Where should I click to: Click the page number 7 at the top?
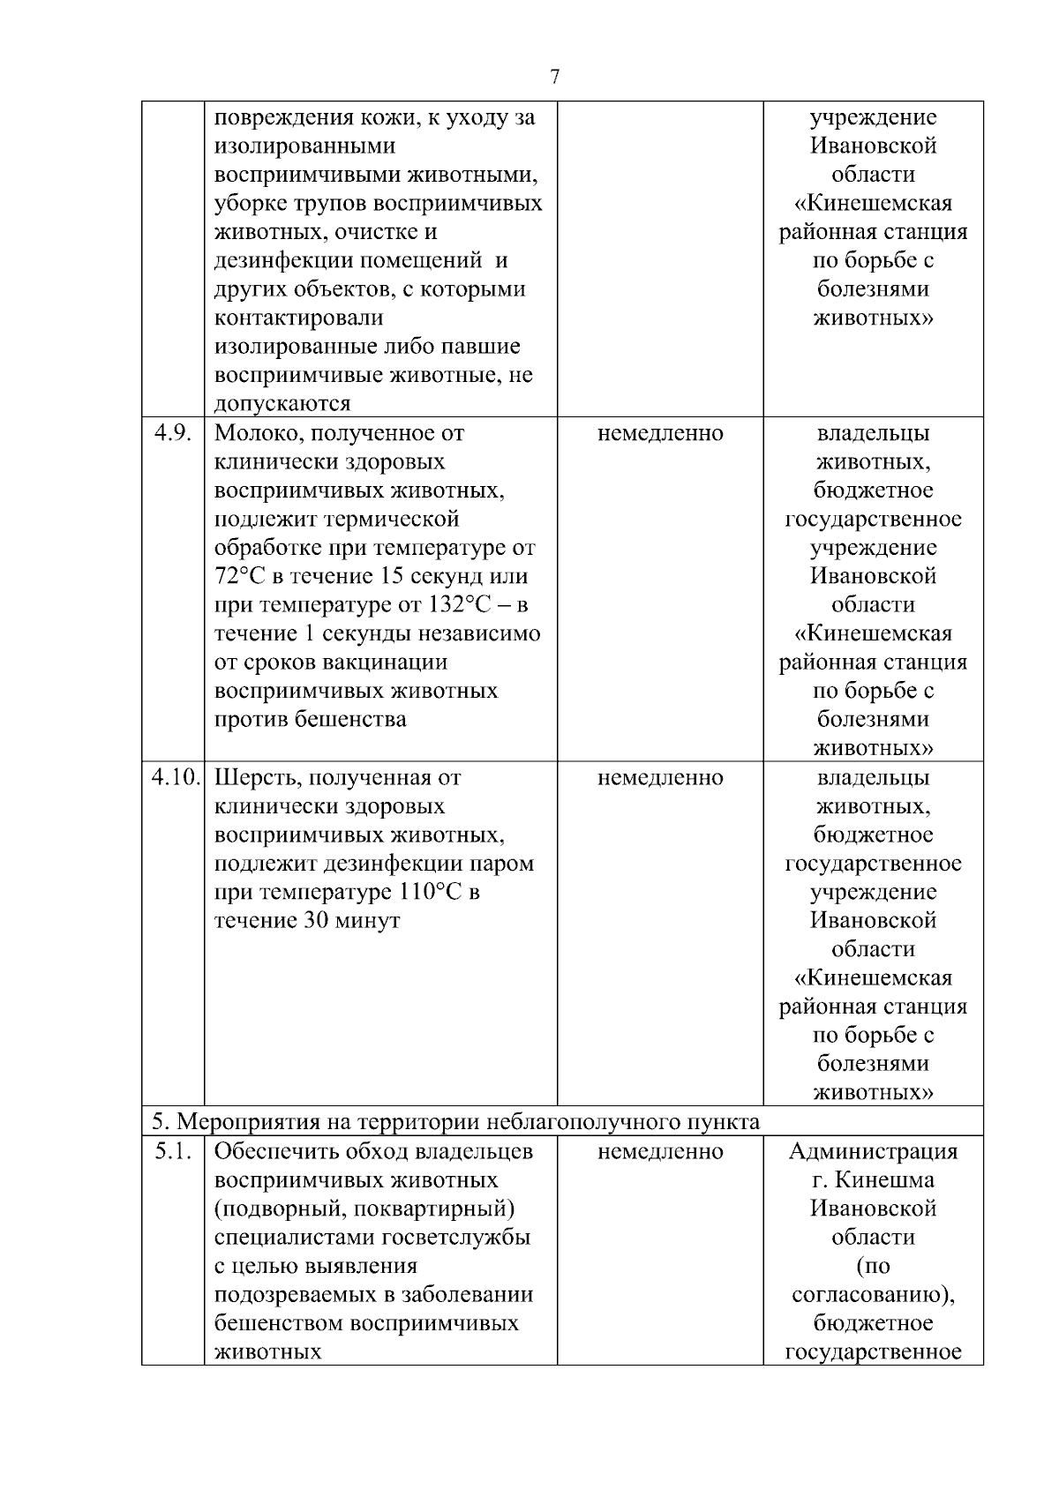click(554, 78)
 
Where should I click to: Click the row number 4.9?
click(172, 433)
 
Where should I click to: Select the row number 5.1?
click(172, 1151)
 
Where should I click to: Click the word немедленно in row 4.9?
click(660, 433)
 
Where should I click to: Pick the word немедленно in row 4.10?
click(660, 777)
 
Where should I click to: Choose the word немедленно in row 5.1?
click(660, 1151)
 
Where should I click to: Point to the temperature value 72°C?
click(239, 576)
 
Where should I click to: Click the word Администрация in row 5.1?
click(873, 1151)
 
